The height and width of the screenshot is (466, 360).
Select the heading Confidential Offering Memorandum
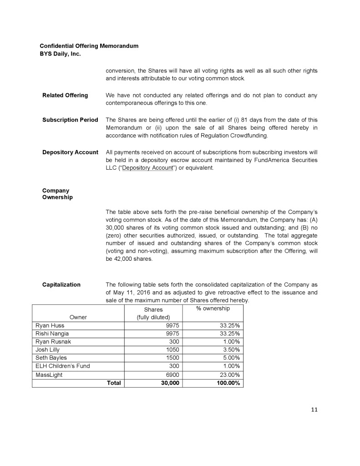pyautogui.click(x=89, y=46)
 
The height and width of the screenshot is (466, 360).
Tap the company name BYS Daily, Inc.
pyautogui.click(x=60, y=54)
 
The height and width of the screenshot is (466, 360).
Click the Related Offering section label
pyautogui.click(x=65, y=95)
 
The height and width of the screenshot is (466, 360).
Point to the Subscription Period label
pyautogui.click(x=70, y=120)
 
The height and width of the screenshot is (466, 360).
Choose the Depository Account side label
pyautogui.click(x=70, y=152)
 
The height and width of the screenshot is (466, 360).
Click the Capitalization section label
pyautogui.click(x=61, y=284)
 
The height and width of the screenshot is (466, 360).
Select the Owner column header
pyautogui.click(x=78, y=317)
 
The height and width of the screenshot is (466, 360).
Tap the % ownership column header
pyautogui.click(x=213, y=309)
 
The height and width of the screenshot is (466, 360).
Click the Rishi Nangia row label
pyautogui.click(x=52, y=334)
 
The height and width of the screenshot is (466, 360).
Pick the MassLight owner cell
pyautogui.click(x=49, y=375)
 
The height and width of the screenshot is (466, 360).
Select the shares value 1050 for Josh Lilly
pyautogui.click(x=172, y=349)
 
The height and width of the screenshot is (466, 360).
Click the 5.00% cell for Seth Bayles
pyautogui.click(x=230, y=358)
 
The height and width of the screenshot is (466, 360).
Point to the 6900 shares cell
pyautogui.click(x=172, y=375)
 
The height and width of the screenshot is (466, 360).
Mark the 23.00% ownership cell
pyautogui.click(x=229, y=375)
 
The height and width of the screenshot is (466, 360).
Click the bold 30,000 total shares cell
pyautogui.click(x=168, y=383)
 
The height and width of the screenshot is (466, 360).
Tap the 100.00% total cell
pyautogui.click(x=226, y=383)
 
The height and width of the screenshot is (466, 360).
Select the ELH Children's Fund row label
pyautogui.click(x=63, y=366)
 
